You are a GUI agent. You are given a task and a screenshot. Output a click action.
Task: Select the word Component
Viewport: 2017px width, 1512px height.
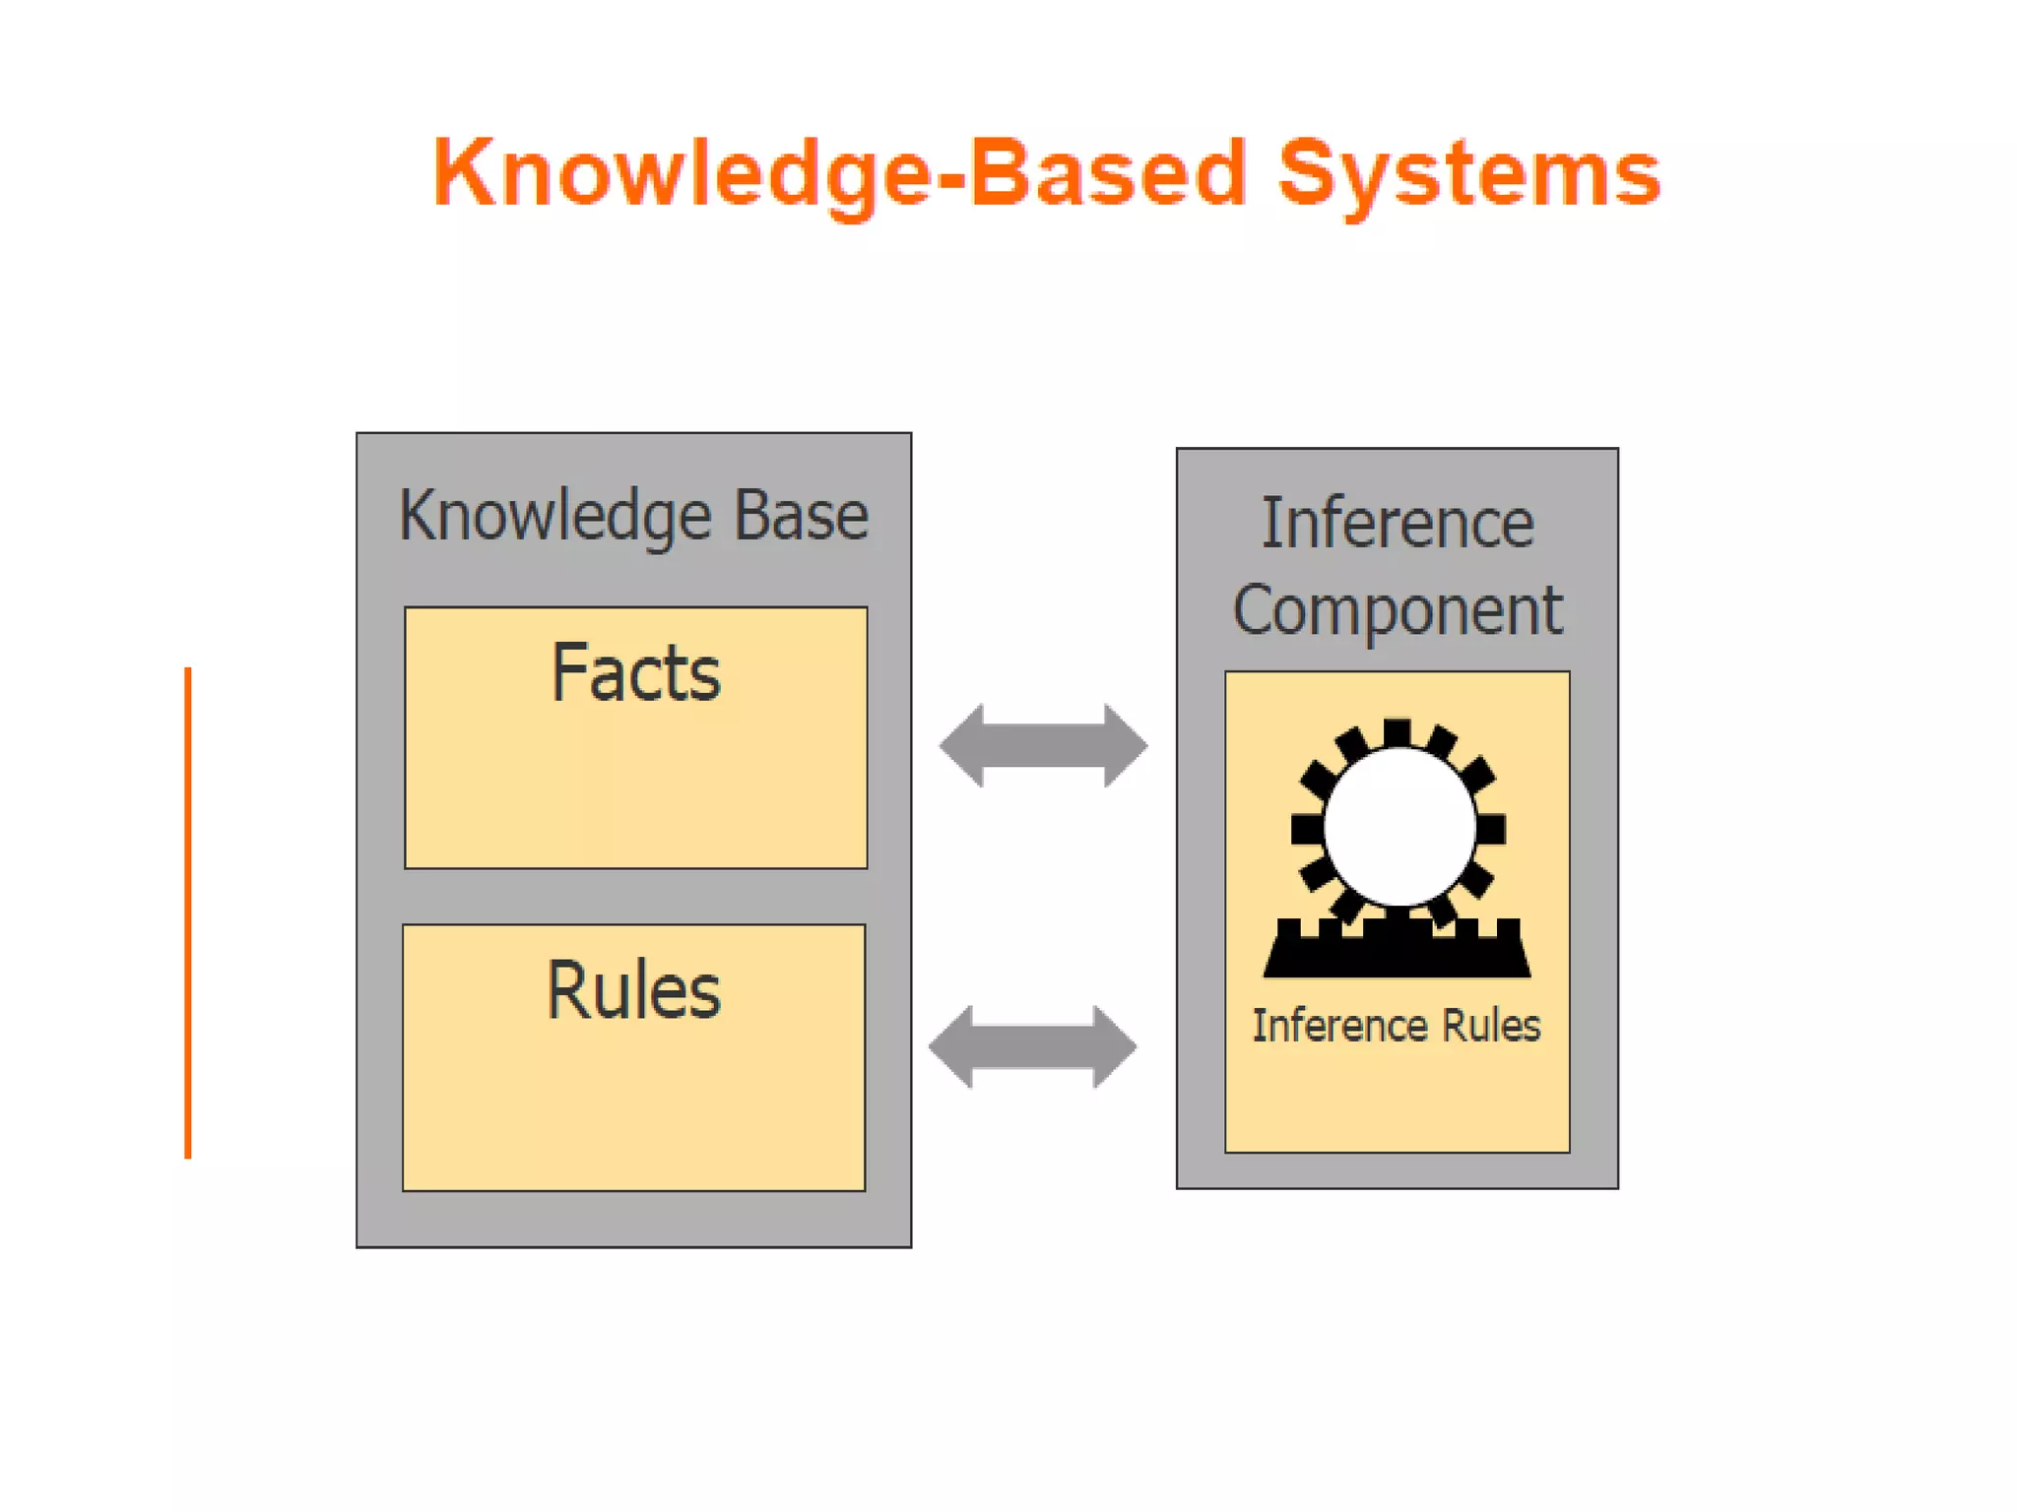click(1398, 610)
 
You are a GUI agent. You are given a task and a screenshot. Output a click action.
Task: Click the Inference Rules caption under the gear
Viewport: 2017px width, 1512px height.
click(1396, 1026)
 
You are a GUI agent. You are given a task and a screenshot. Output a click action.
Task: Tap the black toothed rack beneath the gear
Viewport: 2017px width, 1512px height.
click(1398, 950)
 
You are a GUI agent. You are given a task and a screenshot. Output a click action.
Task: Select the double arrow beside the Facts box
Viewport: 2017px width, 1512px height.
click(1043, 745)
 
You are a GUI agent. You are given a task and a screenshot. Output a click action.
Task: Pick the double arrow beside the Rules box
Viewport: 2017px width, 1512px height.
click(1033, 1046)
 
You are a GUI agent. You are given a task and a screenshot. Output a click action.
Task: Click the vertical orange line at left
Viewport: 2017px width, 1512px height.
click(188, 913)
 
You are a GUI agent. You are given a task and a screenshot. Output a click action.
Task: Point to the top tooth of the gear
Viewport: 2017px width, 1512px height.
click(1398, 732)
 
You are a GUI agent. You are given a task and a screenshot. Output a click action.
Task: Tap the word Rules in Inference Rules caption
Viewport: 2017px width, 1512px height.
click(1491, 1026)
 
